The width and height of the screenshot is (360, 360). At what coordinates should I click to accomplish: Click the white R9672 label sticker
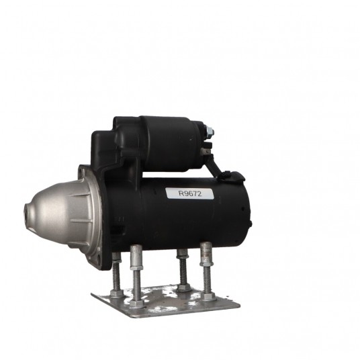click(189, 193)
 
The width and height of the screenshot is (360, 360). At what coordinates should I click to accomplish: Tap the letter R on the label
click(181, 193)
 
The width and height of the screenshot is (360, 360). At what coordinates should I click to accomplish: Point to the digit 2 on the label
click(199, 193)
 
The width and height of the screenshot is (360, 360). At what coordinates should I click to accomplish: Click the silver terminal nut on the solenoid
click(210, 132)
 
